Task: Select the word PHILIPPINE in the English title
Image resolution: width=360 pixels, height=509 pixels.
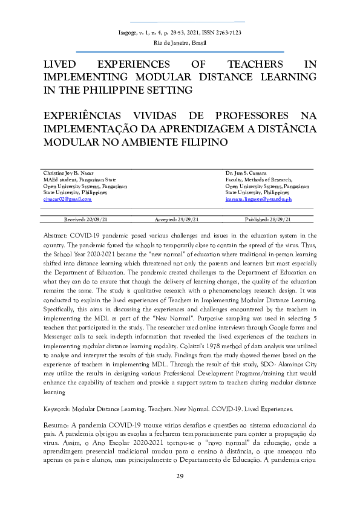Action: tap(106, 90)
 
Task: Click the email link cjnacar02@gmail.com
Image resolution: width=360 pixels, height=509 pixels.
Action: tap(67, 198)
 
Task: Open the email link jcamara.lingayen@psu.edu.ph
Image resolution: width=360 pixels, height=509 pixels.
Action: tap(258, 198)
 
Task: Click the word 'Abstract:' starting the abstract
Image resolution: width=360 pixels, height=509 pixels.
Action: tap(56, 235)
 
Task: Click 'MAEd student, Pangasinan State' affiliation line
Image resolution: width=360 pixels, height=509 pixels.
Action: tap(79, 180)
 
